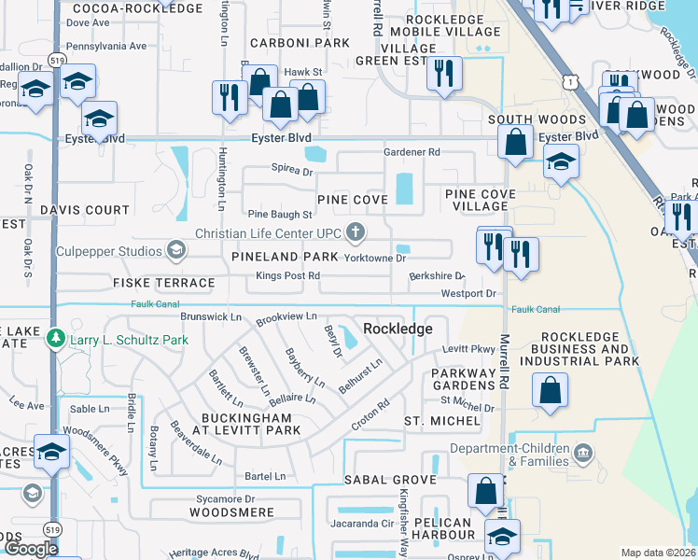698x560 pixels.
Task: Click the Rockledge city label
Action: pyautogui.click(x=398, y=329)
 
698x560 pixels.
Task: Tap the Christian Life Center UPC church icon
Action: pyautogui.click(x=355, y=231)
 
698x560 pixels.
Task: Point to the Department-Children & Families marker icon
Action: pyautogui.click(x=583, y=455)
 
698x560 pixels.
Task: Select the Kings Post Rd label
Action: pyautogui.click(x=287, y=276)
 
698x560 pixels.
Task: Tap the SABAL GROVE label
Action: pyautogui.click(x=390, y=480)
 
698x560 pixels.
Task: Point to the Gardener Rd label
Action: pyautogui.click(x=412, y=152)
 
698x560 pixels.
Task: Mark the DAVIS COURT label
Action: pyautogui.click(x=85, y=210)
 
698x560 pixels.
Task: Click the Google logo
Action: pyautogui.click(x=31, y=549)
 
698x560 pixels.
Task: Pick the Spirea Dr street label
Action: pyautogui.click(x=292, y=173)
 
